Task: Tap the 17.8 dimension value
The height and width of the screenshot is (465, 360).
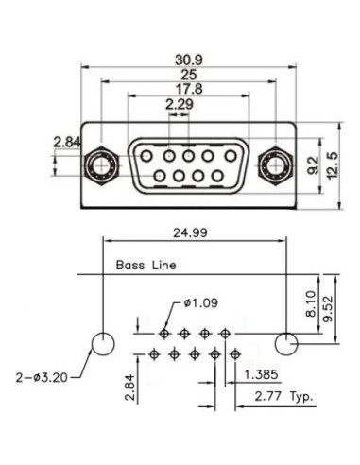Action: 189,89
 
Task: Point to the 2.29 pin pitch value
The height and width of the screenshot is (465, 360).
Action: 180,103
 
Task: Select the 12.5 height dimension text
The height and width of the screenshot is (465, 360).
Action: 332,167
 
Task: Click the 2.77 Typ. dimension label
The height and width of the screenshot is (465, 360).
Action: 283,395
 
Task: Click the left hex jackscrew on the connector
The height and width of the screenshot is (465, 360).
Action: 99,166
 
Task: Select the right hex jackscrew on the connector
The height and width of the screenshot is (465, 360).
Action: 276,166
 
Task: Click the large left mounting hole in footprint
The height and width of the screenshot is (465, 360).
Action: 104,341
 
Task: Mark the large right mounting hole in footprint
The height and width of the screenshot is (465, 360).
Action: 285,341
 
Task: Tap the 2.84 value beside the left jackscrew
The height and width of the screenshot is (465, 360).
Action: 67,142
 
